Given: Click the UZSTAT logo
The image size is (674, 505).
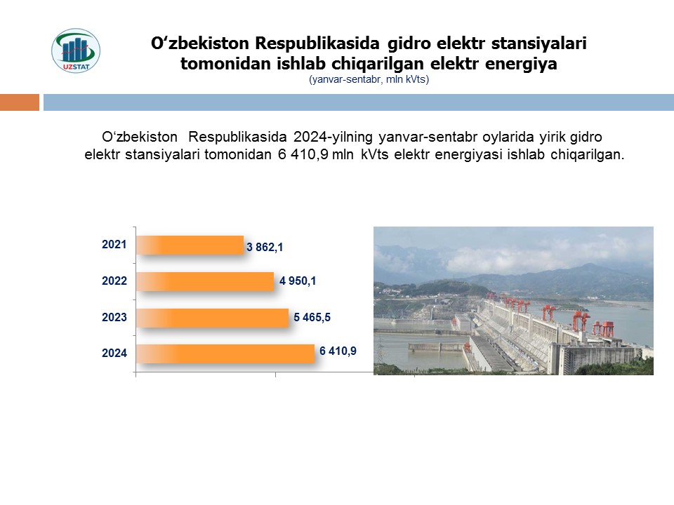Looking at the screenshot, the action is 76,50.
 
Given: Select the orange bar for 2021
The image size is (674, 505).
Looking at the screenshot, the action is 190,245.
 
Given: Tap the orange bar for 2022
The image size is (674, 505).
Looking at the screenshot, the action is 205,281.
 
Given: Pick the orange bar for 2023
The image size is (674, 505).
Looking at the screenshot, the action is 212,318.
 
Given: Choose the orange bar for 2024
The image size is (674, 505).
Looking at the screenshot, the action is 225,353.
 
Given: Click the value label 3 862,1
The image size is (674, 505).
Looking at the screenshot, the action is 265,247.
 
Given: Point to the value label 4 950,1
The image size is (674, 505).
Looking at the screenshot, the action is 298,281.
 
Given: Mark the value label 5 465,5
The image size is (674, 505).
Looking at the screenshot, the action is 312,317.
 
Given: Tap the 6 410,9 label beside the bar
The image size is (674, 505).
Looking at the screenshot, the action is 338,351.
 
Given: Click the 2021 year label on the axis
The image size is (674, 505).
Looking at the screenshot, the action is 114,244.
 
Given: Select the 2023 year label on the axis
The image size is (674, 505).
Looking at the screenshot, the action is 114,317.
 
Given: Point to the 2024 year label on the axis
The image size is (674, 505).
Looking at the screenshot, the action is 114,353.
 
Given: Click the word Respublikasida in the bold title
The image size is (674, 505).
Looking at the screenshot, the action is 317,43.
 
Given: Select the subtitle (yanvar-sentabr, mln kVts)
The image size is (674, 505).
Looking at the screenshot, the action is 369,79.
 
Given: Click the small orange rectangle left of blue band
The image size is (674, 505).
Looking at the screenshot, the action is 20,102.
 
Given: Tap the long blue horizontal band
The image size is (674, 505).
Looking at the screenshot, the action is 359,102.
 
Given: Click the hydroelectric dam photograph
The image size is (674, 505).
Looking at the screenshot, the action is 513,301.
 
